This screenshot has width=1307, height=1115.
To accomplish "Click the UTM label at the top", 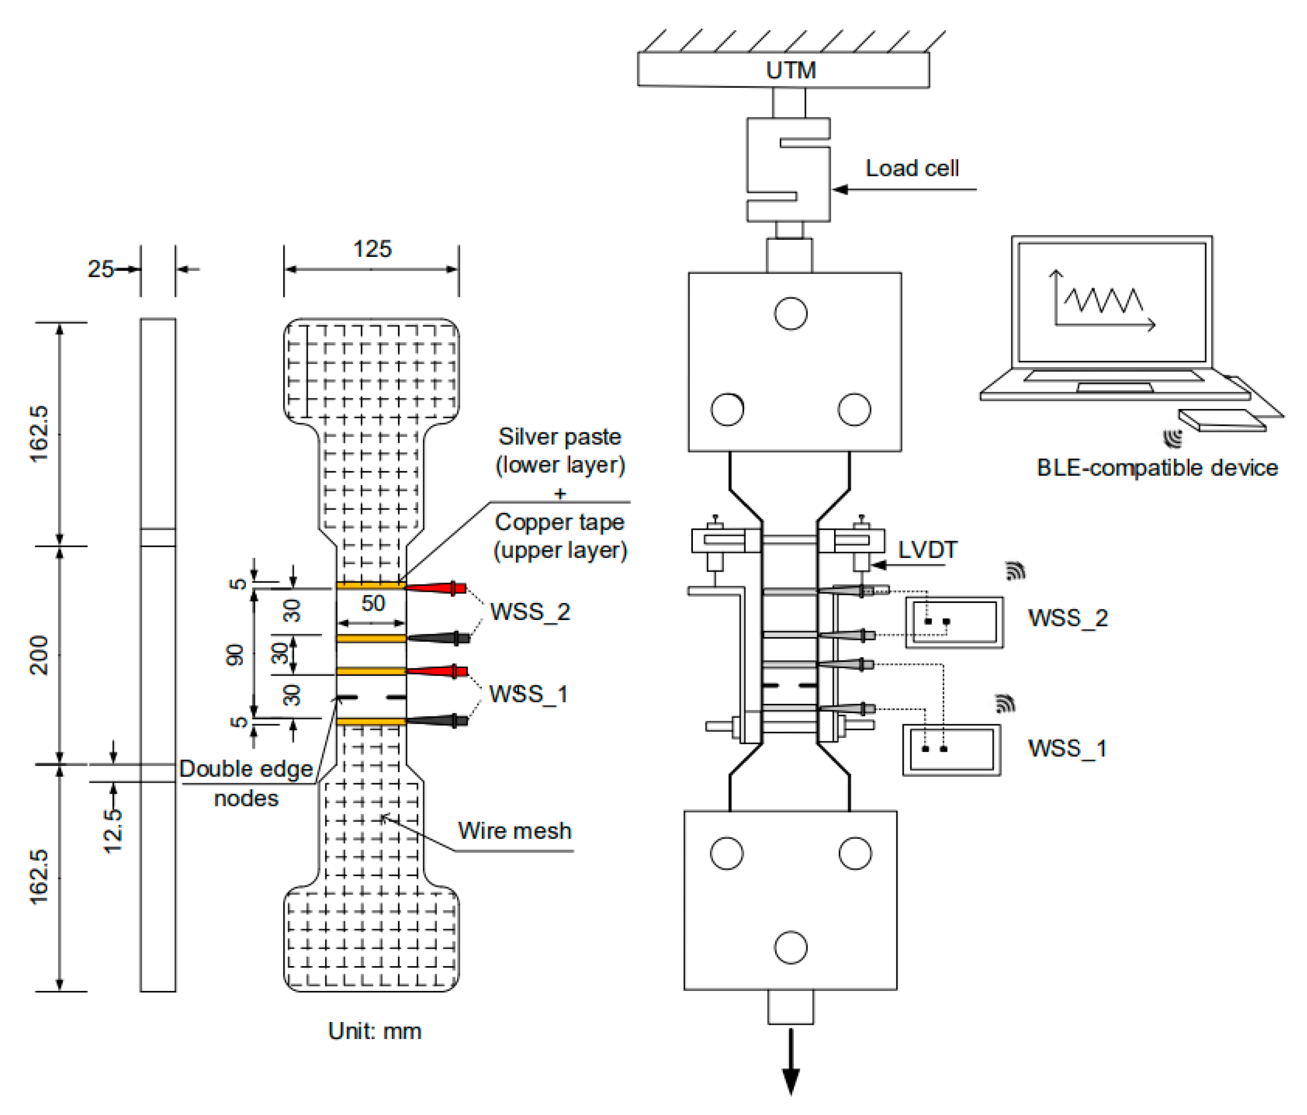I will [790, 70].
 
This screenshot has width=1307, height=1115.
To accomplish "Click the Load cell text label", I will [912, 169].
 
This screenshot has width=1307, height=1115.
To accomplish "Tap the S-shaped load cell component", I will [788, 170].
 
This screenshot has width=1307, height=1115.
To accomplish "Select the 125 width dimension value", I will [372, 249].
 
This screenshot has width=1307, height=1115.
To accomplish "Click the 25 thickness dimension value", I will [100, 270].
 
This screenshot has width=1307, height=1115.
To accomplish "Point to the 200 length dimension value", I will [39, 655].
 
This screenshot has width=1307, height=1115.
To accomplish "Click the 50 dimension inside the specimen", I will [373, 604].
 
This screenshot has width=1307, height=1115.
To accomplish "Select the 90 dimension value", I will [235, 655].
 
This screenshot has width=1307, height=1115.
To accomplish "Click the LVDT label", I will [927, 550].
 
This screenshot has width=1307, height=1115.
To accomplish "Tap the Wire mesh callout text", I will [514, 831].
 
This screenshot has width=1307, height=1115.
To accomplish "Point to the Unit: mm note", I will [375, 1031].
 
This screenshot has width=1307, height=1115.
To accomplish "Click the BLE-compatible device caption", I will [1157, 467].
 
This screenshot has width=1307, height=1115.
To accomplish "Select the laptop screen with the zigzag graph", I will [1111, 303].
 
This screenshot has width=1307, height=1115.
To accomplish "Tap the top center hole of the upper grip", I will [790, 314].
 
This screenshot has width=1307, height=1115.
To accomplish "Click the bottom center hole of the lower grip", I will [790, 947].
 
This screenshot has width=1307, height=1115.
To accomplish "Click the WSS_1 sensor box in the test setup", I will [951, 749].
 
